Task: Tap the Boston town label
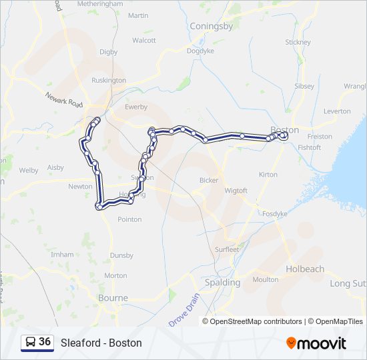point(285,129)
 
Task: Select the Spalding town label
point(222,282)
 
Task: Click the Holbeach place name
point(305,269)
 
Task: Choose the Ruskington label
point(108,80)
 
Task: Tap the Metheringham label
point(100,3)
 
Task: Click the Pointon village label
point(129,219)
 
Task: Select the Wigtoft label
point(236,191)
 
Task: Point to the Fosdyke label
point(274,214)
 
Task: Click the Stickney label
point(298,42)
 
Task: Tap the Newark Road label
point(64,100)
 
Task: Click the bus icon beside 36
point(31,342)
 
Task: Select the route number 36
point(45,342)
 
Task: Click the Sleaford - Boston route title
point(101,343)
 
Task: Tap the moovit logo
point(316,343)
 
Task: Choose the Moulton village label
point(266,280)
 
